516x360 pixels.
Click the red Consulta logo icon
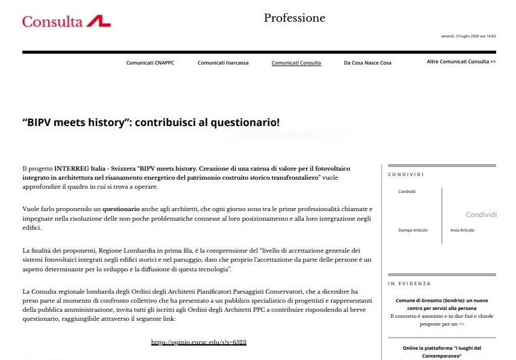click(x=99, y=22)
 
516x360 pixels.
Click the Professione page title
click(x=294, y=18)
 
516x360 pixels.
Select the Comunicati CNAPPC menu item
click(x=150, y=63)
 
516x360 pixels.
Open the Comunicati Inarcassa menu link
click(x=223, y=63)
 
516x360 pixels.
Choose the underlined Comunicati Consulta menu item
click(x=296, y=63)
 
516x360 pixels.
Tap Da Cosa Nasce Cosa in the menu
click(x=367, y=63)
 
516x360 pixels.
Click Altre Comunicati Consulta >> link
click(x=461, y=62)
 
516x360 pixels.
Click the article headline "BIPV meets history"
click(x=151, y=122)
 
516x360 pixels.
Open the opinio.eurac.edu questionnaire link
click(x=199, y=342)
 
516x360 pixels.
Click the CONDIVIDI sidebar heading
click(x=406, y=174)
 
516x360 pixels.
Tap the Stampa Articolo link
click(x=411, y=230)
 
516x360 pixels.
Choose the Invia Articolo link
click(x=462, y=230)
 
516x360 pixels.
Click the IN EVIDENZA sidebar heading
click(x=409, y=283)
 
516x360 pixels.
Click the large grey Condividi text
click(x=481, y=215)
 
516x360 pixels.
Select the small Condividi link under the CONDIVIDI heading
click(x=407, y=192)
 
